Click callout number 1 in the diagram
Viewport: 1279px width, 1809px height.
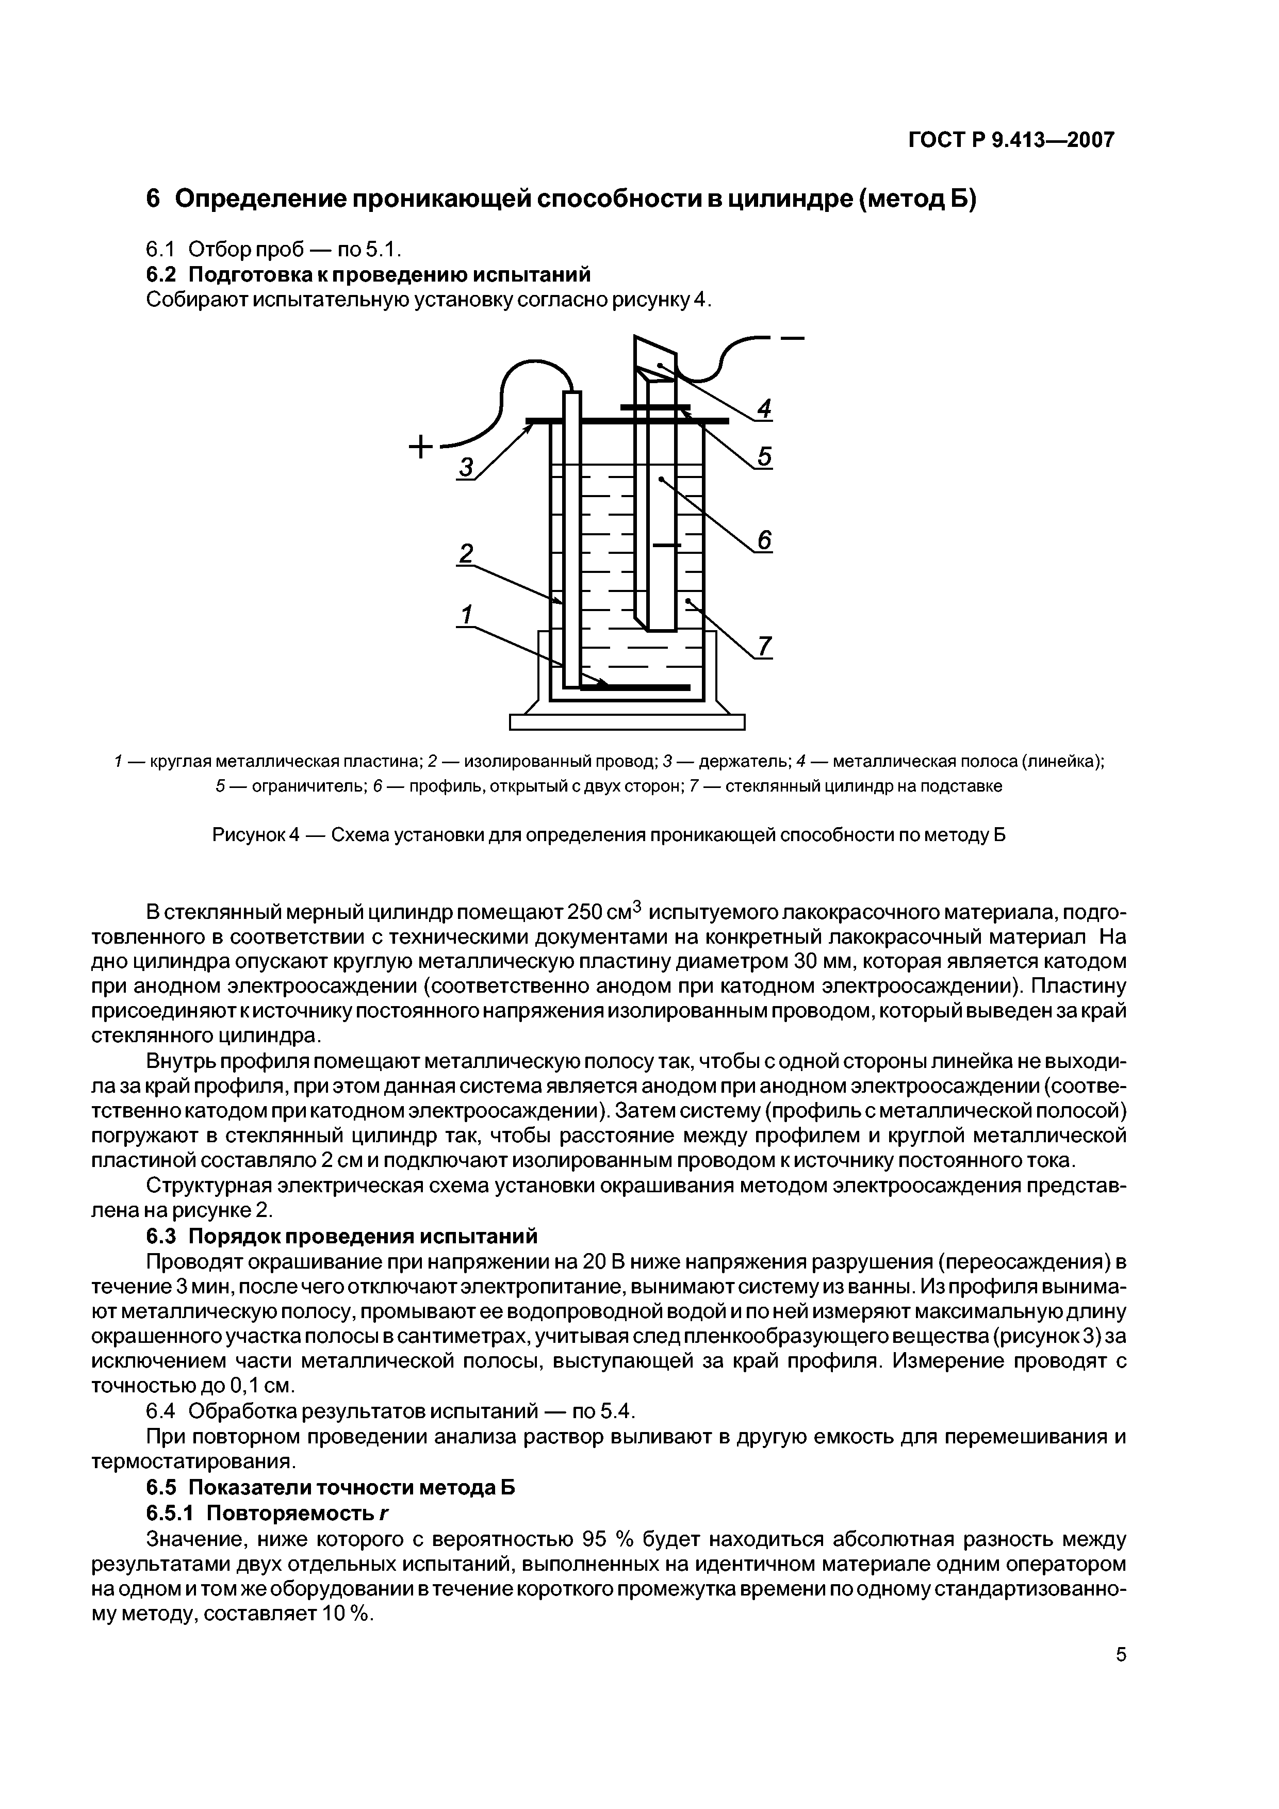[467, 614]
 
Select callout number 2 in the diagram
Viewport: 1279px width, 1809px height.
[466, 553]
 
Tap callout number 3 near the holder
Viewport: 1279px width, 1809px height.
[467, 468]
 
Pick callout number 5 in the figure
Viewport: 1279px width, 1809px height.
[764, 457]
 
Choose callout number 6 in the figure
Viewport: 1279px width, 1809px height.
[764, 540]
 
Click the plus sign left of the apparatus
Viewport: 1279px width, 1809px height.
[421, 447]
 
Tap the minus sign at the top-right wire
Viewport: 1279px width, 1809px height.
[792, 340]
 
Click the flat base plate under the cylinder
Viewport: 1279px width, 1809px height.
[627, 722]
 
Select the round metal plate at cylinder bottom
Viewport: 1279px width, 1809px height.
[638, 687]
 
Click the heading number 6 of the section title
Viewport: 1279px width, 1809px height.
[154, 200]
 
